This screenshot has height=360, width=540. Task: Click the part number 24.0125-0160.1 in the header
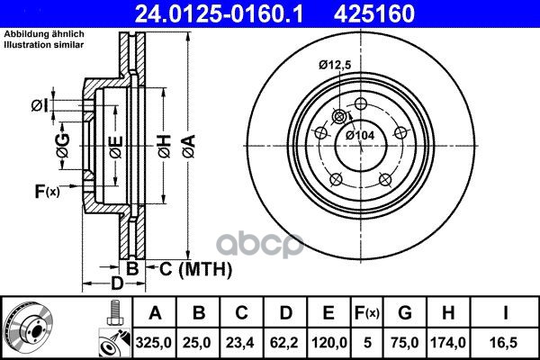(219, 13)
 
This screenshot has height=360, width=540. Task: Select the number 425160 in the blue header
(374, 13)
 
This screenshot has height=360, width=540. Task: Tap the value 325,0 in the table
(154, 343)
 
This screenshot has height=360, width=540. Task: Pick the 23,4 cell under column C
(240, 343)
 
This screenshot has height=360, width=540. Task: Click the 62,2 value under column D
(284, 343)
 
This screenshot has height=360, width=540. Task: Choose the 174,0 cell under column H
(448, 343)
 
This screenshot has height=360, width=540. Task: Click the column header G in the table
(405, 313)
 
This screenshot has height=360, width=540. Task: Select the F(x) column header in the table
(367, 313)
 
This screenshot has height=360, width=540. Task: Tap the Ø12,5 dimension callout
(335, 65)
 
